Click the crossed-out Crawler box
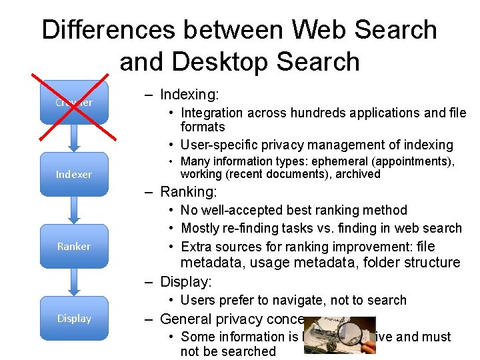pos(73,103)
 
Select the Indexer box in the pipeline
pos(73,174)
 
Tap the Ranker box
pos(73,246)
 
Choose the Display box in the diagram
pos(73,318)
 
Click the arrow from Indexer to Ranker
pos(73,210)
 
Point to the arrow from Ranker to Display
pos(73,282)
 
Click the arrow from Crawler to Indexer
pos(73,138)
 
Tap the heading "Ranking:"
pos(189,192)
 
